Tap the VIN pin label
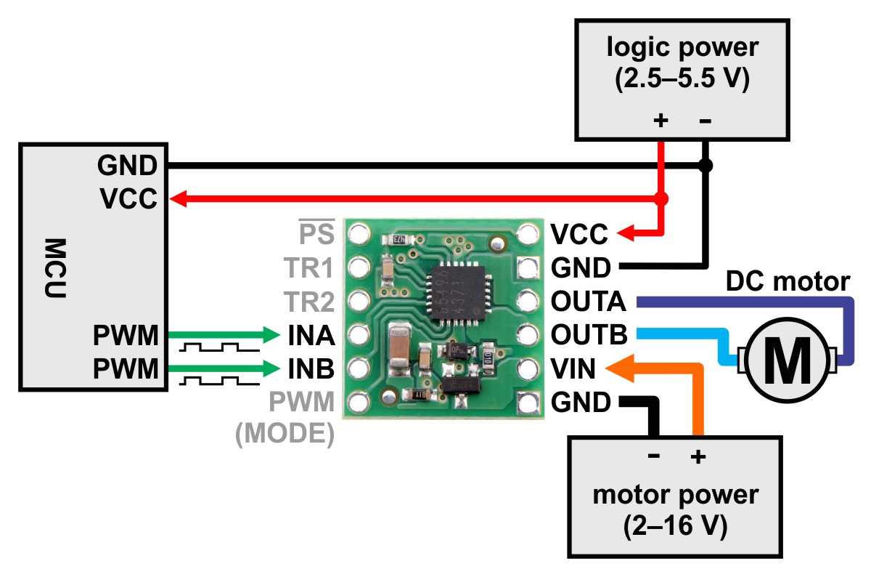573,369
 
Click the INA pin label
310,336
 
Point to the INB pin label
310,369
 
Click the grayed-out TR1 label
310,269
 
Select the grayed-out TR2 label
310,302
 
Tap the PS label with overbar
317,234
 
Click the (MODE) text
285,434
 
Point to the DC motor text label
788,281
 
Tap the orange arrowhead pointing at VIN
613,368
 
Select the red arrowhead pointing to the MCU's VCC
180,198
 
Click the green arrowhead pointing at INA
272,335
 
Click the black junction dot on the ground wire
704,166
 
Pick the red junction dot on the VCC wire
661,198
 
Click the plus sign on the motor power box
698,457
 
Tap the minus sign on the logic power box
704,121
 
